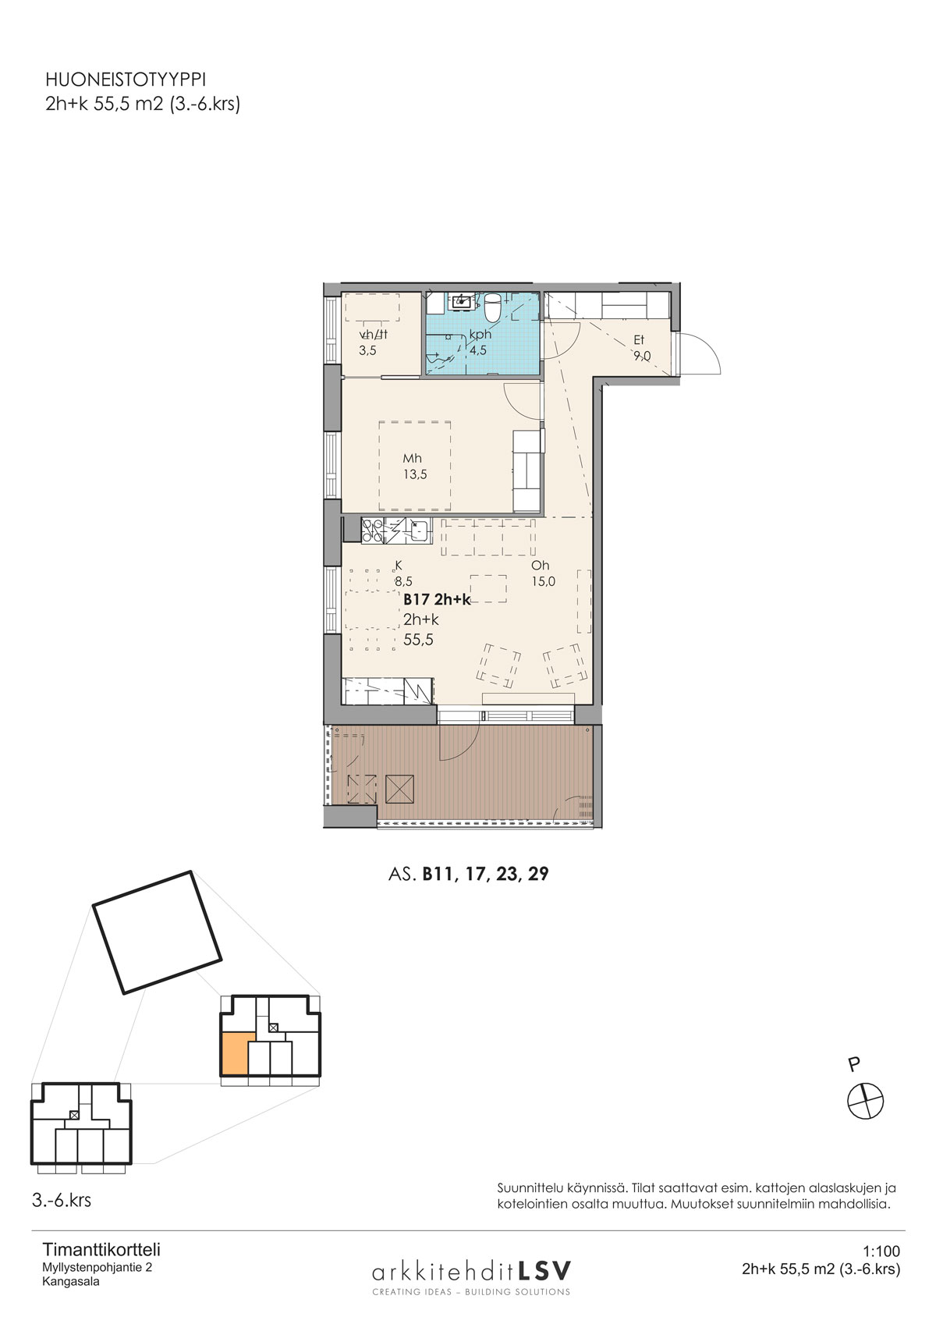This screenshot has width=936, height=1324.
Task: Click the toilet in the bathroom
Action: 492,305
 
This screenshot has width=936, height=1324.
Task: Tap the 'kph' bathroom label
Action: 480,335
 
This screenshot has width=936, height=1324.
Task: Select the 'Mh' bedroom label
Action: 413,458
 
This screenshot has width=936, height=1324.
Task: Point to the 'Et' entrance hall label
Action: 639,340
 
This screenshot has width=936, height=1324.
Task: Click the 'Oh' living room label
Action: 540,566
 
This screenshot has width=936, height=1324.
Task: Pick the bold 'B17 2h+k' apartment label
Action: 437,600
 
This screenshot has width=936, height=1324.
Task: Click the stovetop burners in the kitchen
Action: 372,530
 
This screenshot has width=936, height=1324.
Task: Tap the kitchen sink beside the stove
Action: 419,531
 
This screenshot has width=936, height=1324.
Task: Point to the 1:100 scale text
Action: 881,1251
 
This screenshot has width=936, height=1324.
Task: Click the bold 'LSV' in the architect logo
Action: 544,1269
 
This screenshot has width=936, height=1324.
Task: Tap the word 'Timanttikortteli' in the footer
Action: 101,1250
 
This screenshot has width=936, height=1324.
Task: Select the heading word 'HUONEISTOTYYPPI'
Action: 126,80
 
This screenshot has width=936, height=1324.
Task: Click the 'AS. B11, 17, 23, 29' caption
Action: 469,874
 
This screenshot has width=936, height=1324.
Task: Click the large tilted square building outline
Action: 158,932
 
